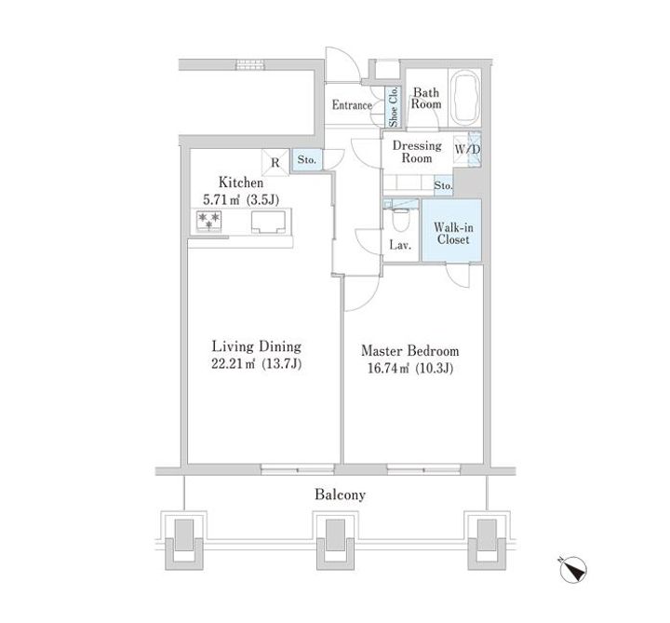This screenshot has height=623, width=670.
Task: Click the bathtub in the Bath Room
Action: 465,98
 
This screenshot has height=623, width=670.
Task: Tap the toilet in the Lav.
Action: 400,220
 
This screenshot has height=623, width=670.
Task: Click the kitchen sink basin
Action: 268,223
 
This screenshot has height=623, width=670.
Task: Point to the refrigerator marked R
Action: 275,162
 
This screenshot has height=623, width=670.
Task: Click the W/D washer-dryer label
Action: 467,150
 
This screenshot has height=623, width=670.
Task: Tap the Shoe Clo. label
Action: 393,107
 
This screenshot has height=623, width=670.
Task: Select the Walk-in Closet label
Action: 453,234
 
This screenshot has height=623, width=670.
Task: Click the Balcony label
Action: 341,494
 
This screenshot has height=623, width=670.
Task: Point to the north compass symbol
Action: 573,570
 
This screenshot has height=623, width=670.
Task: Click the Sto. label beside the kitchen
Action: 307,160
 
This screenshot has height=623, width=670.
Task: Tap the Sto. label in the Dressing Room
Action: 443,185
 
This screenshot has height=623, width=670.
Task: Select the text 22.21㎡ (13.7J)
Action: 257,364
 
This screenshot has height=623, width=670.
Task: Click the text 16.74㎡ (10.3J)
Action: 410,368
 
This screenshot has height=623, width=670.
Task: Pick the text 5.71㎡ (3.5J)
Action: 241,199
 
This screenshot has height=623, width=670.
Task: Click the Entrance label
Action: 352,105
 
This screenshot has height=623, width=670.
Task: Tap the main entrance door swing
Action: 342,64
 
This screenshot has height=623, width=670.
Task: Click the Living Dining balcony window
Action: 298,469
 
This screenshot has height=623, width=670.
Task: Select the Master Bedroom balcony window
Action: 424,469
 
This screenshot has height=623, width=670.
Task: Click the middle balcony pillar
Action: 335,540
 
